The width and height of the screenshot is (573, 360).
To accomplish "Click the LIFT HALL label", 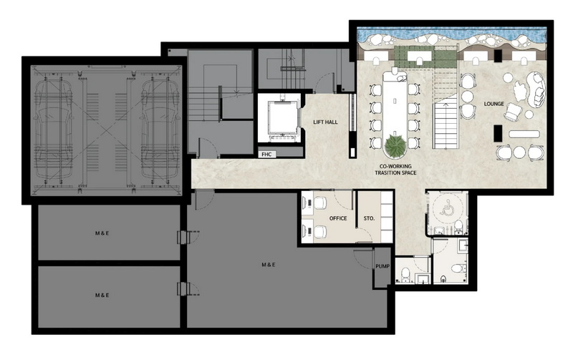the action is [325, 122].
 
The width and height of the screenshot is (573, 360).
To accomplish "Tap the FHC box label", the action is [266, 155].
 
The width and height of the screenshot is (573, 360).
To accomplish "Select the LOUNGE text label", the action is [493, 104].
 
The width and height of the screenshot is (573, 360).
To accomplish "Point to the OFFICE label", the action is [338, 218].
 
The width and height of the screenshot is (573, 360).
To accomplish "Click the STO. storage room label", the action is [369, 218].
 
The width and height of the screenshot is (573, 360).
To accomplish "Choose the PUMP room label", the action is [382, 266].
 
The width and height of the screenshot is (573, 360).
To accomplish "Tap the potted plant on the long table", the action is [395, 145].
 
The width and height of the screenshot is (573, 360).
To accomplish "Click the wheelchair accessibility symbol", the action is [446, 209].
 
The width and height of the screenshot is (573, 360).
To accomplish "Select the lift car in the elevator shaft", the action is [281, 118].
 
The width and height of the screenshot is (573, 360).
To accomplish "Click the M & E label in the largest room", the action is [269, 265].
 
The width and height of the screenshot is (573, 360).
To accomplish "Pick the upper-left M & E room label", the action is [102, 233].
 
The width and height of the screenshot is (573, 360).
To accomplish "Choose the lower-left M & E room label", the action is [102, 295].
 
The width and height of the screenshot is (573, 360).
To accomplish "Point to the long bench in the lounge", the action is [524, 134].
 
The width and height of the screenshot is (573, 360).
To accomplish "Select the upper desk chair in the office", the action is [320, 203].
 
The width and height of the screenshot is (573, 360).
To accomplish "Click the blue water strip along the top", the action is [452, 34].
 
